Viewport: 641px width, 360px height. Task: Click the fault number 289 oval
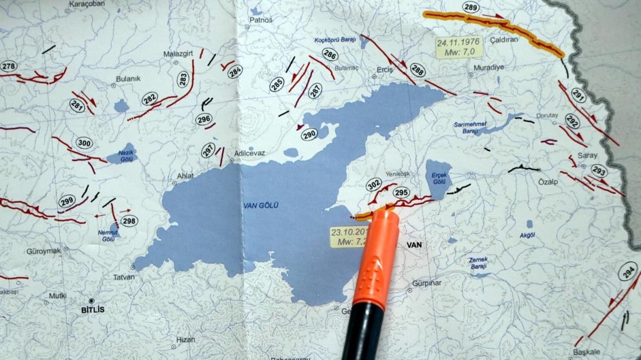(471, 7)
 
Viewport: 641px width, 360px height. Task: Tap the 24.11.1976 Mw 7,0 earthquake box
(459, 46)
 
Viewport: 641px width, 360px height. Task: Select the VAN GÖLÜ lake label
(261, 205)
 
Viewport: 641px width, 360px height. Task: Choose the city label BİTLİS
(93, 310)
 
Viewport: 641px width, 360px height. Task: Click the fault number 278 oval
(8, 66)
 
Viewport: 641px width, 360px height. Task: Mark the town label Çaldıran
(501, 40)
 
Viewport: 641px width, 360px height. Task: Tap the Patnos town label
(261, 20)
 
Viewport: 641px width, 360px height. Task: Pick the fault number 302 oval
(373, 185)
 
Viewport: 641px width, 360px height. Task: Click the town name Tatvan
(124, 277)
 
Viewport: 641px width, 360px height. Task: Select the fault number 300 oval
(84, 143)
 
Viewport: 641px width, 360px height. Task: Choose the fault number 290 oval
(309, 135)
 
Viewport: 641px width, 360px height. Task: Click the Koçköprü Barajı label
(334, 40)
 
